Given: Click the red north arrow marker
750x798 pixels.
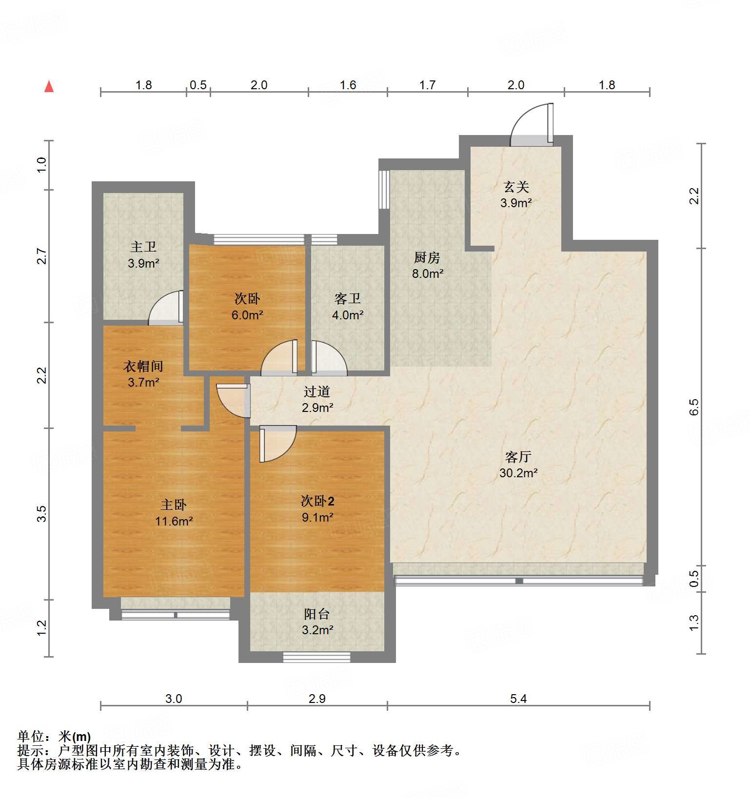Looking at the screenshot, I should click(x=49, y=86).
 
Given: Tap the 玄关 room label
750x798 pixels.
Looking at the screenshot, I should click(x=516, y=187).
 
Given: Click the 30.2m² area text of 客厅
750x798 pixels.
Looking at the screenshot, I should click(x=518, y=473).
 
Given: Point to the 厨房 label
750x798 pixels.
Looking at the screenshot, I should click(x=427, y=257).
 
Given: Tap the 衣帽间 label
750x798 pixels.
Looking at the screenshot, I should click(x=143, y=366).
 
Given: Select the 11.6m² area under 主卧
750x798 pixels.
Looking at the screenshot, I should click(x=174, y=521).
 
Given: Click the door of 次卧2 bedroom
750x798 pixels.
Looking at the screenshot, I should click(x=277, y=444).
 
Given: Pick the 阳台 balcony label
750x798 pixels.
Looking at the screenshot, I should click(x=316, y=614).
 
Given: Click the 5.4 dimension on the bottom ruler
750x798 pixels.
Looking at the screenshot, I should click(x=518, y=699).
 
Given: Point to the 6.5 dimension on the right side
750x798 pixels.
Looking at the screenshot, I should click(x=694, y=407).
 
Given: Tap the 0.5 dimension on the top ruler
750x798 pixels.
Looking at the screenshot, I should click(x=198, y=85).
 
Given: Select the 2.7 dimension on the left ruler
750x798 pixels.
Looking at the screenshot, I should click(x=42, y=256).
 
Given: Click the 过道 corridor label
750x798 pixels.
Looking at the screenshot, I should click(x=316, y=391).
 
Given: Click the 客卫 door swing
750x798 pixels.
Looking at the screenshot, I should click(x=329, y=359).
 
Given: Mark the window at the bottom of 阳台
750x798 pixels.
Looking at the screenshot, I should click(x=316, y=657).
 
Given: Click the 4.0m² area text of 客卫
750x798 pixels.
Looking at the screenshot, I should click(x=347, y=315).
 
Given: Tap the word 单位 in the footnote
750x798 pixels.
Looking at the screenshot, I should click(x=31, y=737).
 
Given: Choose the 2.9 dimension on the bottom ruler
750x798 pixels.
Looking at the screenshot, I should click(x=317, y=699).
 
